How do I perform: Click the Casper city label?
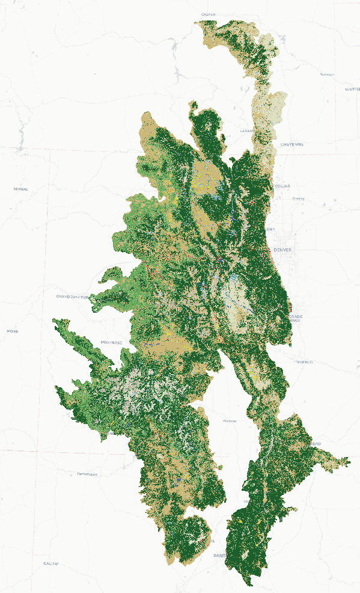[209, 14]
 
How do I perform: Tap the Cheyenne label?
[292, 144]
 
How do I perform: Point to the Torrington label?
[327, 75]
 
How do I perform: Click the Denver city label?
[281, 250]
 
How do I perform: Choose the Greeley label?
[298, 198]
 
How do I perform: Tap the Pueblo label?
[305, 362]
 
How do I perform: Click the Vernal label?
[20, 189]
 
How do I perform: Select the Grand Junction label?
[73, 296]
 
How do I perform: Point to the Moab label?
[12, 331]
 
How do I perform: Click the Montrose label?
[112, 342]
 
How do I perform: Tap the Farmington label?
[87, 474]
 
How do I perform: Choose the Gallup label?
[50, 564]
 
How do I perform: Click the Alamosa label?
[230, 421]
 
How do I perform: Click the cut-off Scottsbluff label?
[352, 89]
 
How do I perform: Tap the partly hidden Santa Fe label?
[220, 555]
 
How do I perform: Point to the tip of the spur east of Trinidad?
[349, 462]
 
